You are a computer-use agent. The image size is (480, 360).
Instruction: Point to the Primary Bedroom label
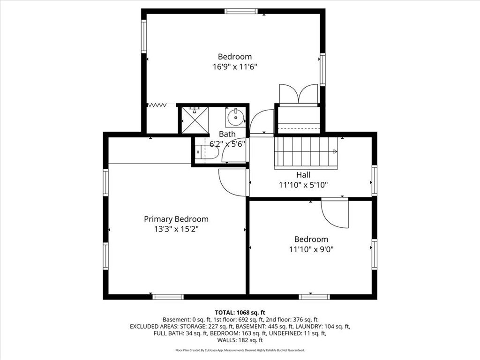(x=176, y=219)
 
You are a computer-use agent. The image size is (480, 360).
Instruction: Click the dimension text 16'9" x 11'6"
(x=235, y=67)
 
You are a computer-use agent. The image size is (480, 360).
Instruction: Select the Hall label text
(x=303, y=175)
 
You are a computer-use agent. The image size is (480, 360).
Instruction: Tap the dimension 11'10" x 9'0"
(x=311, y=249)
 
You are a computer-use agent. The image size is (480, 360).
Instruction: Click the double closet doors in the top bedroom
(x=298, y=94)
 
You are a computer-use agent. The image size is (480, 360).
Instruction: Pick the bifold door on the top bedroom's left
(x=157, y=105)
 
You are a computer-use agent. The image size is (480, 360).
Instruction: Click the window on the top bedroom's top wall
(x=241, y=11)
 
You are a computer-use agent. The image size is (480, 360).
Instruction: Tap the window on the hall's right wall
(x=374, y=180)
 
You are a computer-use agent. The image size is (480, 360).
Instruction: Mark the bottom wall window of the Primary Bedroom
(x=168, y=296)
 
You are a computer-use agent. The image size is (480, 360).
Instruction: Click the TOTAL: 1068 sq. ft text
(x=240, y=312)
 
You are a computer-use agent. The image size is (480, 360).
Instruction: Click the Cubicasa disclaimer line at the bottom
(x=240, y=350)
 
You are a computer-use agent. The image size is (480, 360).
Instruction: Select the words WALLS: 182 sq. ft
(x=240, y=340)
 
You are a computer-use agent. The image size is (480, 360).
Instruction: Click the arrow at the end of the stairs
(x=335, y=151)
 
